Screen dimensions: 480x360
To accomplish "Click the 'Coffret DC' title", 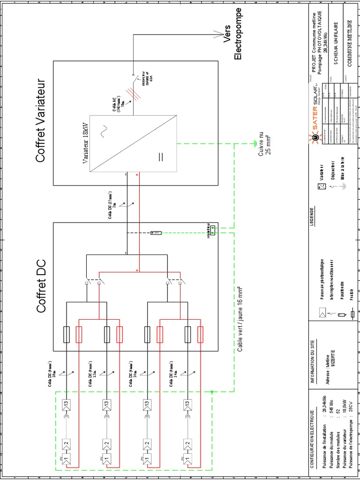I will [x=41, y=283].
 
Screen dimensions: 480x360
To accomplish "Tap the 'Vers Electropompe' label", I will [x=232, y=34].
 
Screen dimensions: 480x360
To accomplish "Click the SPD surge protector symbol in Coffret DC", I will [x=156, y=233].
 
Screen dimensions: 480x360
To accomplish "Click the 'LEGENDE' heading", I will [x=312, y=216].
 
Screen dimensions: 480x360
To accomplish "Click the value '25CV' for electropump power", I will [x=349, y=412].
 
